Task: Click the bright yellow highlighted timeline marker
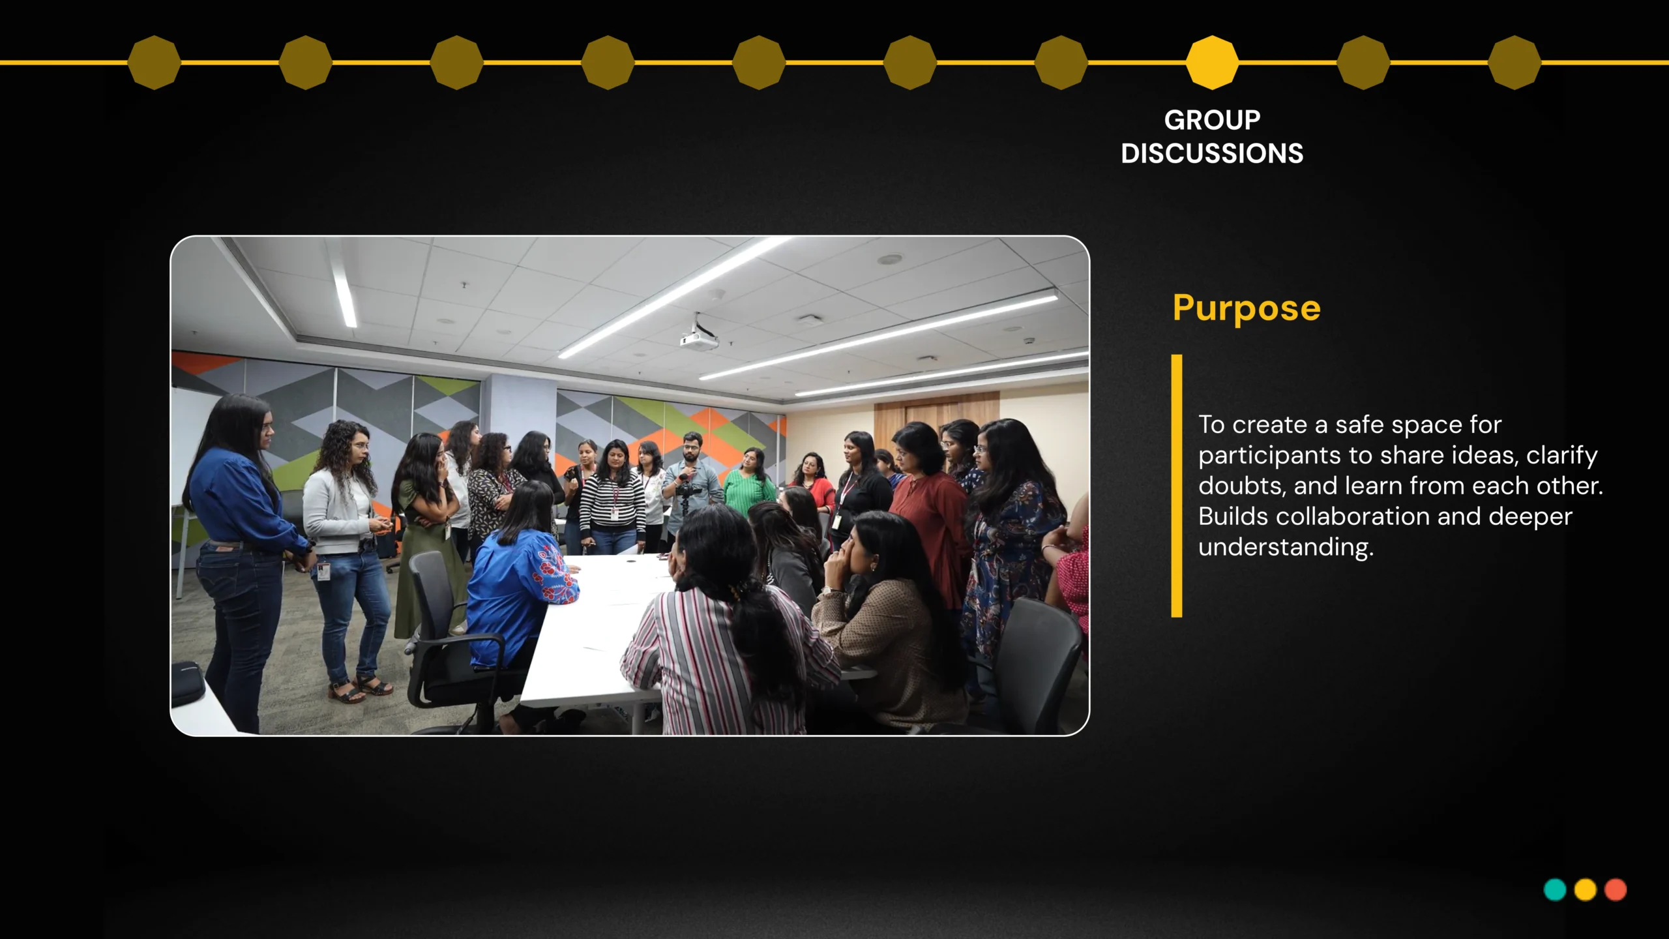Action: point(1212,63)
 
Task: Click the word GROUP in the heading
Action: point(1212,120)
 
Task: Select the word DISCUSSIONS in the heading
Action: point(1212,154)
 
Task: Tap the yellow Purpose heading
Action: point(1247,308)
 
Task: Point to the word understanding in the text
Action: point(1286,547)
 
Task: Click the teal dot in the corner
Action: point(1555,889)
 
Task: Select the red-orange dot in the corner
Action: point(1616,889)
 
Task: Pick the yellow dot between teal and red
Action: point(1585,889)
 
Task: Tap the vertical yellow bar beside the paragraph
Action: point(1177,486)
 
